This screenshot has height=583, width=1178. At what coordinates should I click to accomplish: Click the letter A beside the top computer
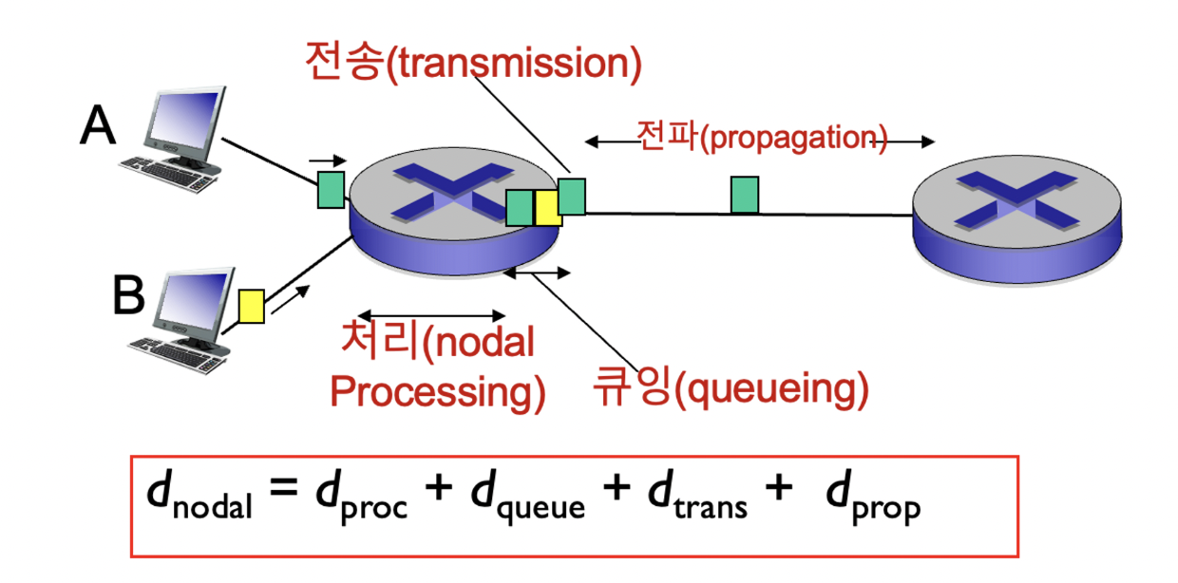(97, 125)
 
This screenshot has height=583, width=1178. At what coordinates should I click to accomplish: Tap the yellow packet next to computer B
(251, 307)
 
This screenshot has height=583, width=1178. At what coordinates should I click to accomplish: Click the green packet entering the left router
(331, 188)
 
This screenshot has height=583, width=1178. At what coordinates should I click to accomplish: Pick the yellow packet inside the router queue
(548, 208)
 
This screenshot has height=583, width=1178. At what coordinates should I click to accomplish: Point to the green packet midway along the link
(744, 195)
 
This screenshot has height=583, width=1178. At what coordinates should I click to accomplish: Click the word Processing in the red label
(438, 391)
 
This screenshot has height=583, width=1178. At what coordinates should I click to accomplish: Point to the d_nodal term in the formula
(199, 498)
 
